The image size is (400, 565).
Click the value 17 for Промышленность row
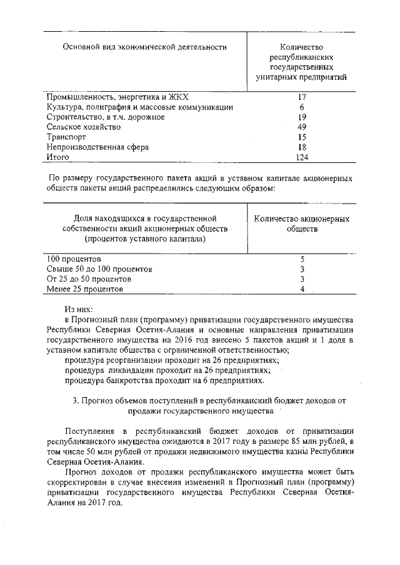(301, 97)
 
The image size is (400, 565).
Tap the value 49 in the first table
(301, 127)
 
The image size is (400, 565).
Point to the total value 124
(302, 157)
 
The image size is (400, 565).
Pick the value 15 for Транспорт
(301, 137)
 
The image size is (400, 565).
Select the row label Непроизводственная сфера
(98, 147)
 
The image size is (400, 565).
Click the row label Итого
(58, 157)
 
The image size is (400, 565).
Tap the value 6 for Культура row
(301, 107)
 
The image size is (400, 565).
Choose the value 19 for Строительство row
(301, 117)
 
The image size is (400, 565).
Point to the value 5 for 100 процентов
(302, 258)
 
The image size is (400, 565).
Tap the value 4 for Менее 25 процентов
(302, 289)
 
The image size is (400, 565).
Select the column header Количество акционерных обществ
(302, 224)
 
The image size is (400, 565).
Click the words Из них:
(79, 308)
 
